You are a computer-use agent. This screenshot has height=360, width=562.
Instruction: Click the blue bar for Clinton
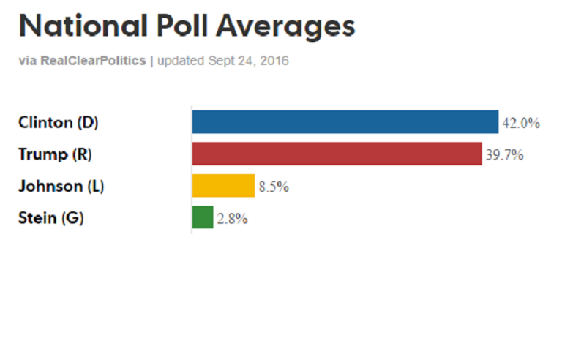click(x=345, y=121)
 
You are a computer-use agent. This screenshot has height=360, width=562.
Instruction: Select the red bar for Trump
click(x=337, y=154)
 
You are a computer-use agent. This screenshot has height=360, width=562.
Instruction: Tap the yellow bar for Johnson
click(x=223, y=186)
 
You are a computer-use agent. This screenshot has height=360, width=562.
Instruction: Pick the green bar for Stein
click(x=203, y=217)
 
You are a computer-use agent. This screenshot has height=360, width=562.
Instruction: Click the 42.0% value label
click(x=520, y=123)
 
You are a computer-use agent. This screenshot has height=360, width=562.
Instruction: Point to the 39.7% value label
click(x=503, y=155)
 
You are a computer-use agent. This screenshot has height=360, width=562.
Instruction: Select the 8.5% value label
click(x=274, y=187)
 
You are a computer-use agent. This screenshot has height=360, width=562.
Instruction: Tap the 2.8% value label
click(x=232, y=219)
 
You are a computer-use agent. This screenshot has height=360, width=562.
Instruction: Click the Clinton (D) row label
click(x=58, y=122)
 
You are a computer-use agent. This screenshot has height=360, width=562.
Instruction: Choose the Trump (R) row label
click(x=55, y=154)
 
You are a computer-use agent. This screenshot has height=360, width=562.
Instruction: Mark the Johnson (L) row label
click(x=61, y=186)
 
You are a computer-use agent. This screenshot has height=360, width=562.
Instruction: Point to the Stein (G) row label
click(x=50, y=218)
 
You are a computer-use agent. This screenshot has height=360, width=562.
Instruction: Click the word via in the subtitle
click(x=26, y=61)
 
